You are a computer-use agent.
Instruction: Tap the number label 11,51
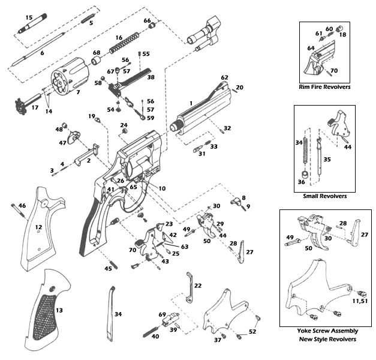click(359, 301)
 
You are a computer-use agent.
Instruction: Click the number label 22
click(197, 285)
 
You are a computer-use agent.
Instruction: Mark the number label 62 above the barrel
click(225, 78)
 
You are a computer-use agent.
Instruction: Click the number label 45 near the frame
click(109, 269)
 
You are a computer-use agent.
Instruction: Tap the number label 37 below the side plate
click(217, 340)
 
